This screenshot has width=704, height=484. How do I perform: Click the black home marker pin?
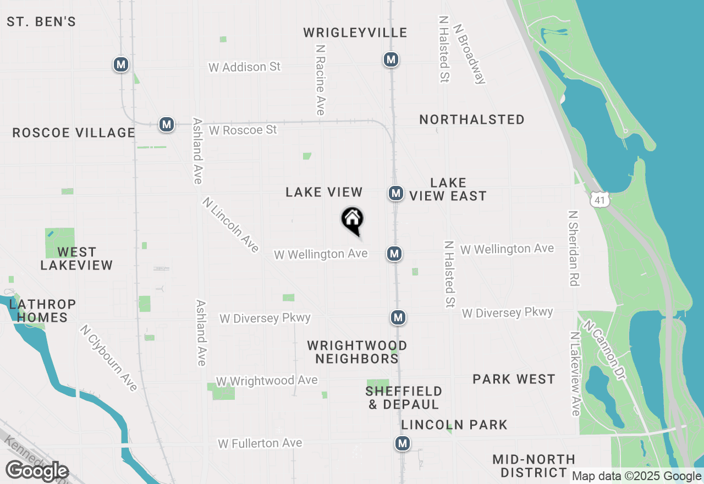point(353,221)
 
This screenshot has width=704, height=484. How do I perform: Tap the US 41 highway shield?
point(600,200)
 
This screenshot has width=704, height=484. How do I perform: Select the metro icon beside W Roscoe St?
point(166,124)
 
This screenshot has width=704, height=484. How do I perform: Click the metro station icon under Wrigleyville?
point(391,59)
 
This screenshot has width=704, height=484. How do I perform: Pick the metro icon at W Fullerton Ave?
point(403,443)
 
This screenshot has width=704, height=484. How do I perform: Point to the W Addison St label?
point(244,67)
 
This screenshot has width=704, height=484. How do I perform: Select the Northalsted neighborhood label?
point(471,120)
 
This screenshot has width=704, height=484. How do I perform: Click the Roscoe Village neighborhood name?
point(74,133)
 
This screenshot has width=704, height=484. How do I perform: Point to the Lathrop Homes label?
point(42,311)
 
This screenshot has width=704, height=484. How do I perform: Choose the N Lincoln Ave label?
point(230,225)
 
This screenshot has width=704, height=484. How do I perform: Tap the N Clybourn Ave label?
point(108,358)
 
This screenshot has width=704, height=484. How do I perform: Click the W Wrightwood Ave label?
point(267,381)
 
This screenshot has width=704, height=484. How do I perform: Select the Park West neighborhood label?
point(514,379)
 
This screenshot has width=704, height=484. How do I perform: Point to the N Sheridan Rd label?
point(574,248)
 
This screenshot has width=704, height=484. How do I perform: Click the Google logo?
point(37,471)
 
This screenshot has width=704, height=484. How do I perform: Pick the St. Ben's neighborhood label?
point(41,22)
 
